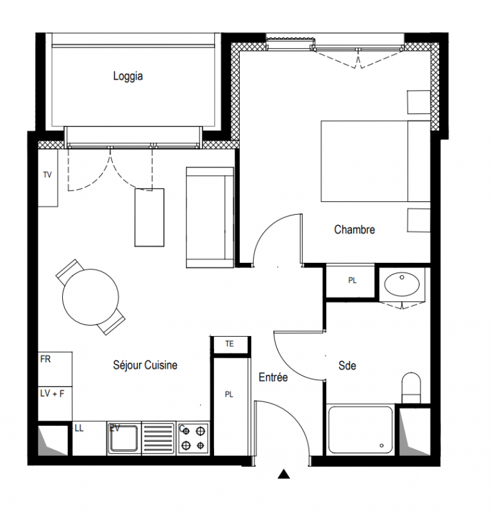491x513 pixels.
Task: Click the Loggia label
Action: coord(128,76)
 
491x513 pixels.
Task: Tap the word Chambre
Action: coord(354,230)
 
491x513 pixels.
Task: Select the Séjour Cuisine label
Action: coord(146,365)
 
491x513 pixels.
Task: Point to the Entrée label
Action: coord(273,377)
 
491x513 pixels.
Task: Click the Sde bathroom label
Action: coord(347,366)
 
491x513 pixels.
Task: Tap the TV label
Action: coord(47,174)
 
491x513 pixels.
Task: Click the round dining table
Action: coord(90,297)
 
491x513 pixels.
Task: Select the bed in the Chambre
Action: coord(376,161)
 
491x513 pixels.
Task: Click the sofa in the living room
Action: coord(210,217)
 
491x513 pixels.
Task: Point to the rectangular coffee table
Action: coord(149,217)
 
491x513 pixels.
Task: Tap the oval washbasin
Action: coord(402,283)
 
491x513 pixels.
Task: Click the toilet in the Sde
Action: coord(411,388)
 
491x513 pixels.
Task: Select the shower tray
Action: coord(360,430)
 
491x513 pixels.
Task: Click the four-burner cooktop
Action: coord(193,438)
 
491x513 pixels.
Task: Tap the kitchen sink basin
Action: coord(124,438)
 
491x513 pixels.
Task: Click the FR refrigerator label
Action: coord(46,359)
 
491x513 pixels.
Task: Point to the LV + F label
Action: coord(52,393)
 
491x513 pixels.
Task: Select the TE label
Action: coord(229,344)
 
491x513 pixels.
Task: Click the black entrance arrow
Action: coord(283,474)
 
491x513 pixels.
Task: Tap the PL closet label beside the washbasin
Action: coord(353,280)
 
